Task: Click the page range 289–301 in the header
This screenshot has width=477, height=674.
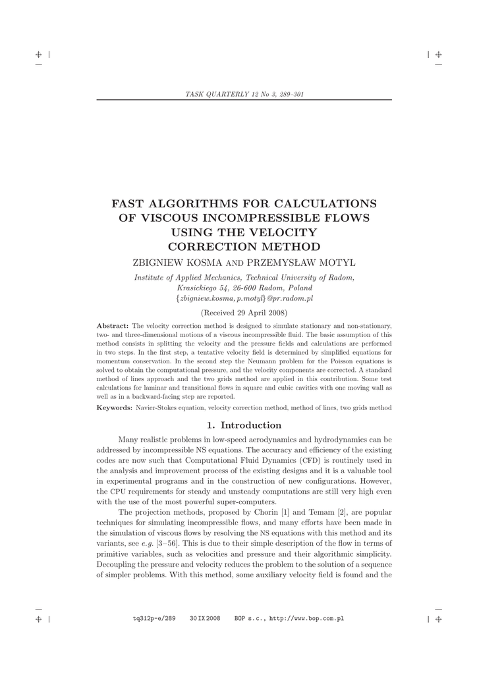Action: click(289, 95)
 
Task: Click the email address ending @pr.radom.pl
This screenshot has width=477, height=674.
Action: click(244, 298)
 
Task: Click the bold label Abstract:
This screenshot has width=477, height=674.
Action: click(113, 326)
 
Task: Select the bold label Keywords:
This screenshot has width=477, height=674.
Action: click(115, 408)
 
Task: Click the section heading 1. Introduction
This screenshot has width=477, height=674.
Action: click(244, 425)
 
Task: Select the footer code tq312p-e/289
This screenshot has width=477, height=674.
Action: click(154, 619)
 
